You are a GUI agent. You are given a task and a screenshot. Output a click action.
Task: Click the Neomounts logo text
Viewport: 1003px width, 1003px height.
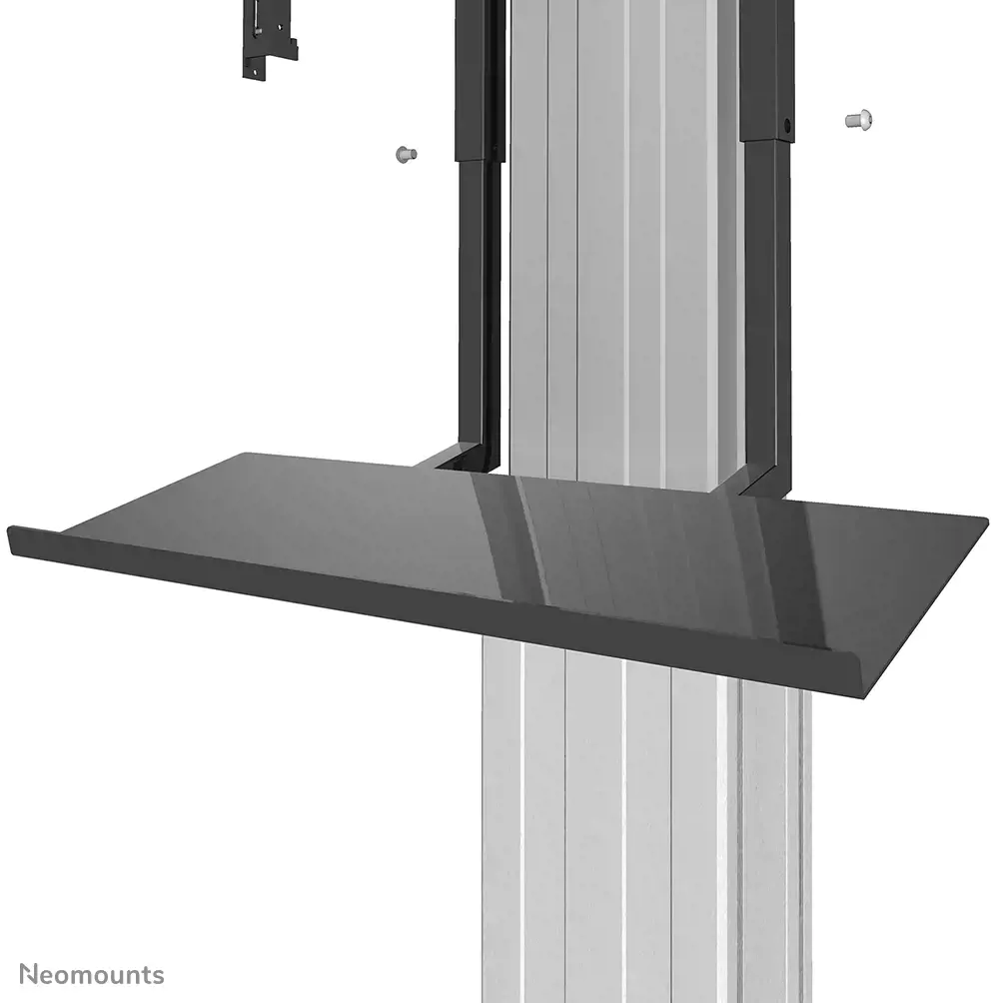pyautogui.click(x=93, y=974)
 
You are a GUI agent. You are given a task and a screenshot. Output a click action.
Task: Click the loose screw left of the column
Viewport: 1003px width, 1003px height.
pyautogui.click(x=404, y=154)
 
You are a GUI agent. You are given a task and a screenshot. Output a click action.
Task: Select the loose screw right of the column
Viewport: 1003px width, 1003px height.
pyautogui.click(x=858, y=120)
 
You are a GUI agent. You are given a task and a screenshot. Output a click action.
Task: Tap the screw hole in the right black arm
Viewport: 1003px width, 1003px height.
pyautogui.click(x=787, y=127)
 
